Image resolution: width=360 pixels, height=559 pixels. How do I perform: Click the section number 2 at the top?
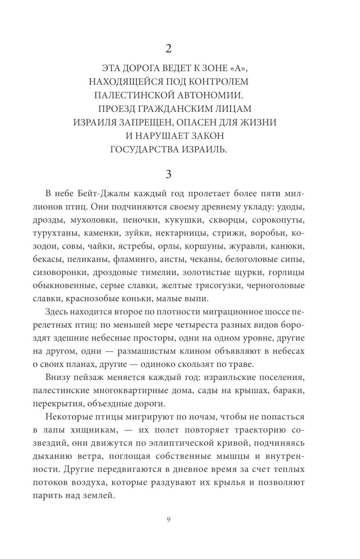tap(168, 49)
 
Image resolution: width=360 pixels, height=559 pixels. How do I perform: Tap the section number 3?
tap(168, 175)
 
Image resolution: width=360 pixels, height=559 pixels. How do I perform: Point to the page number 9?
tap(168, 519)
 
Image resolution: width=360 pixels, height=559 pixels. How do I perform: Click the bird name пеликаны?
tap(91, 259)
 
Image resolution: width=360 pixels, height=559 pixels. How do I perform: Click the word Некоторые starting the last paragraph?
tap(69, 417)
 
